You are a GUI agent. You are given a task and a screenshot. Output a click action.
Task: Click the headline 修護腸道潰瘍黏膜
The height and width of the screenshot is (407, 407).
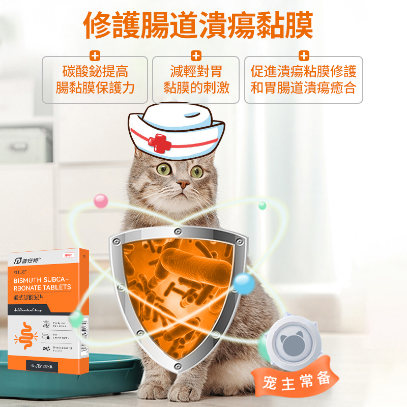(198, 25)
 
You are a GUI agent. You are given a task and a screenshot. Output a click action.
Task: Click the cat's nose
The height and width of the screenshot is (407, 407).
(183, 184)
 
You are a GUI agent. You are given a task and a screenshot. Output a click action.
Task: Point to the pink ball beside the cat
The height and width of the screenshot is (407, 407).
(101, 200)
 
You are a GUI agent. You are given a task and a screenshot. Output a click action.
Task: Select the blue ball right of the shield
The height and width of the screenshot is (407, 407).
(244, 283)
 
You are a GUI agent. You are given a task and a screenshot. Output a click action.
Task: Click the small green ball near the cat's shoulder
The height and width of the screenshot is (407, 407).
(263, 206)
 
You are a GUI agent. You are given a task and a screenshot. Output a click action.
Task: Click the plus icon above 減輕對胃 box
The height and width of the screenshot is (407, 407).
(196, 56)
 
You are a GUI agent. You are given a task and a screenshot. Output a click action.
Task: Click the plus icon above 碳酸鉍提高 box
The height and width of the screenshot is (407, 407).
(95, 56)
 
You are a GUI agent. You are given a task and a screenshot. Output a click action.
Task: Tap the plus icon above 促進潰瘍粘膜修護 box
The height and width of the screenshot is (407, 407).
(304, 56)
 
